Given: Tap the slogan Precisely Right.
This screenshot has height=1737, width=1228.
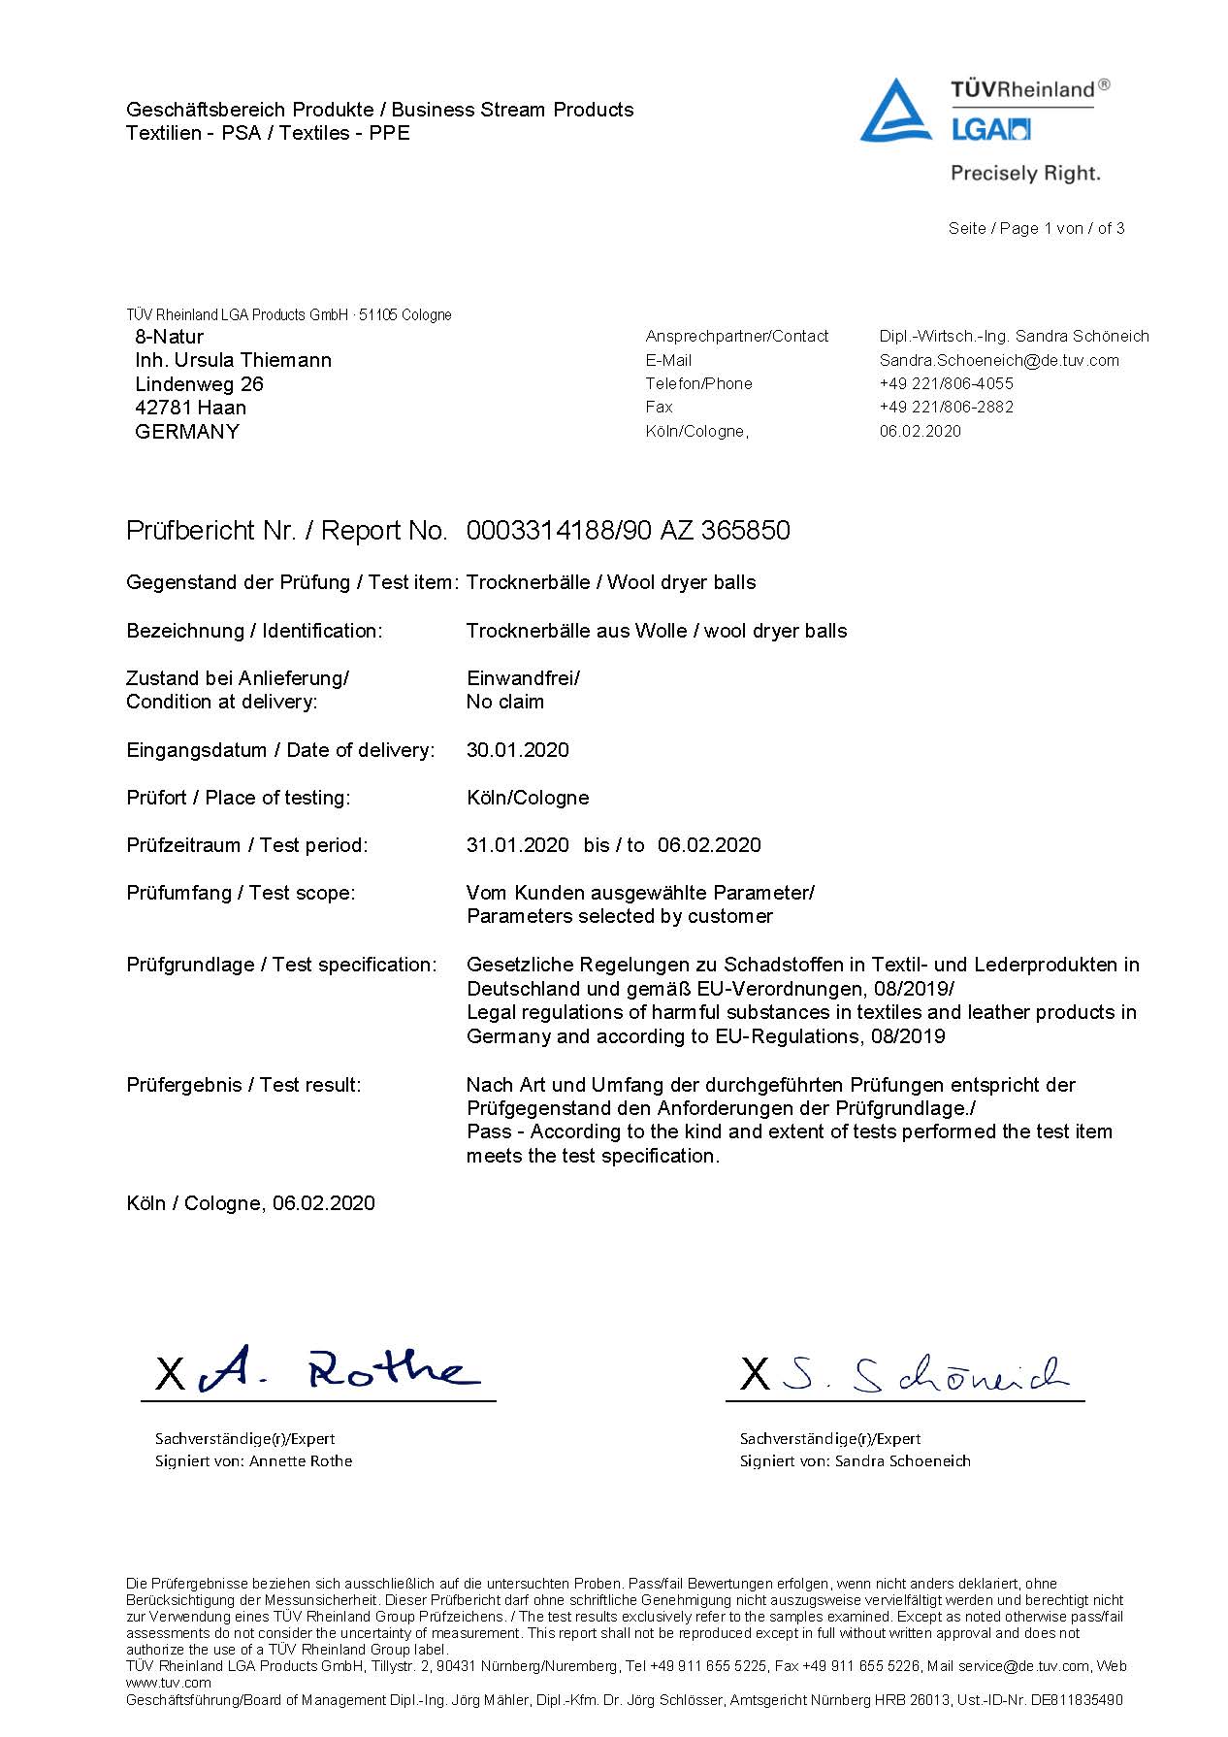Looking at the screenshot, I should (1025, 174).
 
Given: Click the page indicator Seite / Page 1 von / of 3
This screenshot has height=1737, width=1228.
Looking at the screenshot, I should (1036, 229).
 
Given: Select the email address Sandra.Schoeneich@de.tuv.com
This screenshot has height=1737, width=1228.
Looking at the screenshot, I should (998, 360).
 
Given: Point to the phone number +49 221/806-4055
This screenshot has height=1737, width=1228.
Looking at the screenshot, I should (946, 383).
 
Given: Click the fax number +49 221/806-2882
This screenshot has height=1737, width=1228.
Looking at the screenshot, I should (946, 407).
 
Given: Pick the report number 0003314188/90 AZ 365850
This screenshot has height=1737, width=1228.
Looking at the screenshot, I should (628, 531).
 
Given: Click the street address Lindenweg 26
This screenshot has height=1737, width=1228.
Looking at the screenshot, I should (199, 384).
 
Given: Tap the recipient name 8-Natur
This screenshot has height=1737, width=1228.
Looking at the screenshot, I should (169, 337).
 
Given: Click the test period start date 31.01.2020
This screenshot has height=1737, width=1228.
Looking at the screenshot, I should (517, 845).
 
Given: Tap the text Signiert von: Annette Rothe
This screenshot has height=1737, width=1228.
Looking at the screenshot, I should (253, 1461).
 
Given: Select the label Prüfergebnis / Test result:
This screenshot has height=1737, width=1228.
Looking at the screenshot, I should (243, 1085).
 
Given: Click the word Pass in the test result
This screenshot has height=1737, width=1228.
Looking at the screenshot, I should (488, 1132).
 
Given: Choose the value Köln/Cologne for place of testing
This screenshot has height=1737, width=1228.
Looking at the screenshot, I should (527, 798).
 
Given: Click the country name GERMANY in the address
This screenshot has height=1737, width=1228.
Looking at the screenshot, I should (186, 432).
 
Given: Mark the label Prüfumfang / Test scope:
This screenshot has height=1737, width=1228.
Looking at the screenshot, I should (241, 893).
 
